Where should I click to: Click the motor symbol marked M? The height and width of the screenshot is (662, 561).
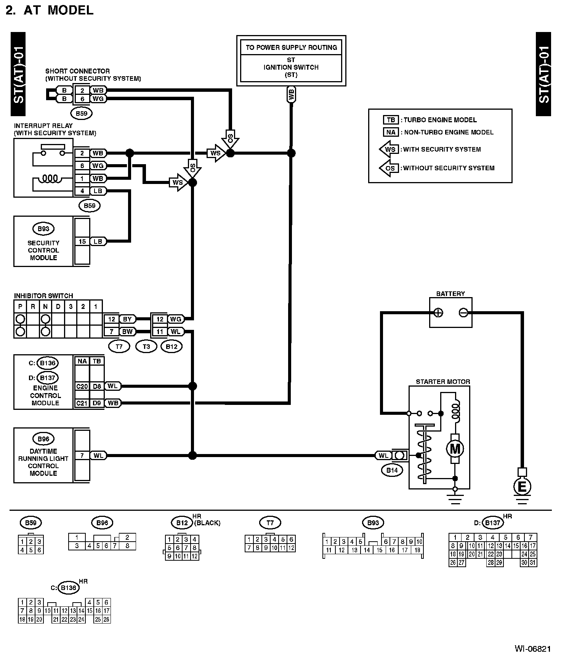(455, 449)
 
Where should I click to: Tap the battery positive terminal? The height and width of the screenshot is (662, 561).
(439, 313)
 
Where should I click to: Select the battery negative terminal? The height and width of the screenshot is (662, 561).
(463, 313)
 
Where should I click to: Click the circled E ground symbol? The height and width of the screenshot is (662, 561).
(523, 486)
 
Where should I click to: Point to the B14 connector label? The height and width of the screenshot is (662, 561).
(392, 470)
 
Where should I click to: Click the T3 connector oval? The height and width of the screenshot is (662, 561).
(146, 347)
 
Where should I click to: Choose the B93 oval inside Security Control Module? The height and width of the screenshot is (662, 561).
(43, 229)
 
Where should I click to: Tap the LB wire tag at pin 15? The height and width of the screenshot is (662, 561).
(98, 241)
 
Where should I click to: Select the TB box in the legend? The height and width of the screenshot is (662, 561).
(391, 120)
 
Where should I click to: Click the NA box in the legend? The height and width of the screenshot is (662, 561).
(391, 132)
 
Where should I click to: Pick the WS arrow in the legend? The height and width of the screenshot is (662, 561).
(389, 149)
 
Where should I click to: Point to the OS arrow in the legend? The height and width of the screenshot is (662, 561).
(389, 168)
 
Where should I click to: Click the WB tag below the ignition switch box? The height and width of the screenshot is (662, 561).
(292, 95)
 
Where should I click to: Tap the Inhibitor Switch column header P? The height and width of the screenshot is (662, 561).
(20, 307)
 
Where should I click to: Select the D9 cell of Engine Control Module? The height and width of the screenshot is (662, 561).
(97, 403)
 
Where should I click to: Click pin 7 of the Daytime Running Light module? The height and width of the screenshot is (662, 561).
(82, 456)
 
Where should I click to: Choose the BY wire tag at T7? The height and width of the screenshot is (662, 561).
(127, 319)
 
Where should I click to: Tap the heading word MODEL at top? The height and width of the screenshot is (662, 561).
(71, 10)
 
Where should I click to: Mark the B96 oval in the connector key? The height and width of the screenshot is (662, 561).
(102, 523)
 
